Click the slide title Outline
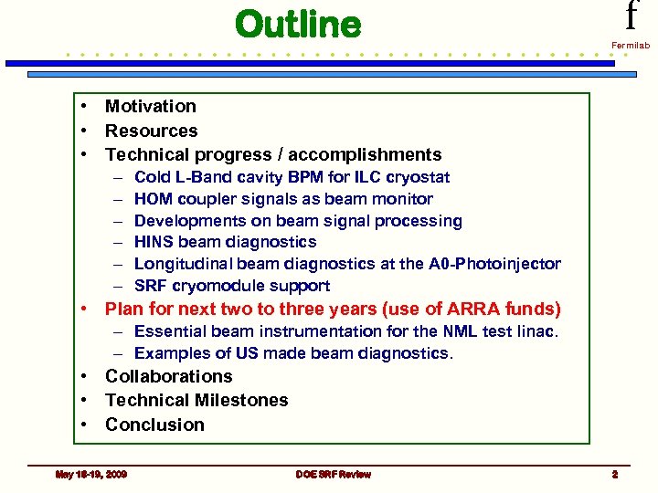[298, 25]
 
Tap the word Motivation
[150, 107]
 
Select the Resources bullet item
[151, 131]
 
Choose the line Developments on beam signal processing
[298, 221]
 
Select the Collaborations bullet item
[168, 376]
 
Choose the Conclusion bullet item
[154, 425]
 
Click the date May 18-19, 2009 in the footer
[91, 474]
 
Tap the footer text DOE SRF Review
[333, 474]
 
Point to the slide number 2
[615, 474]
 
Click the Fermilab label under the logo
[631, 44]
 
